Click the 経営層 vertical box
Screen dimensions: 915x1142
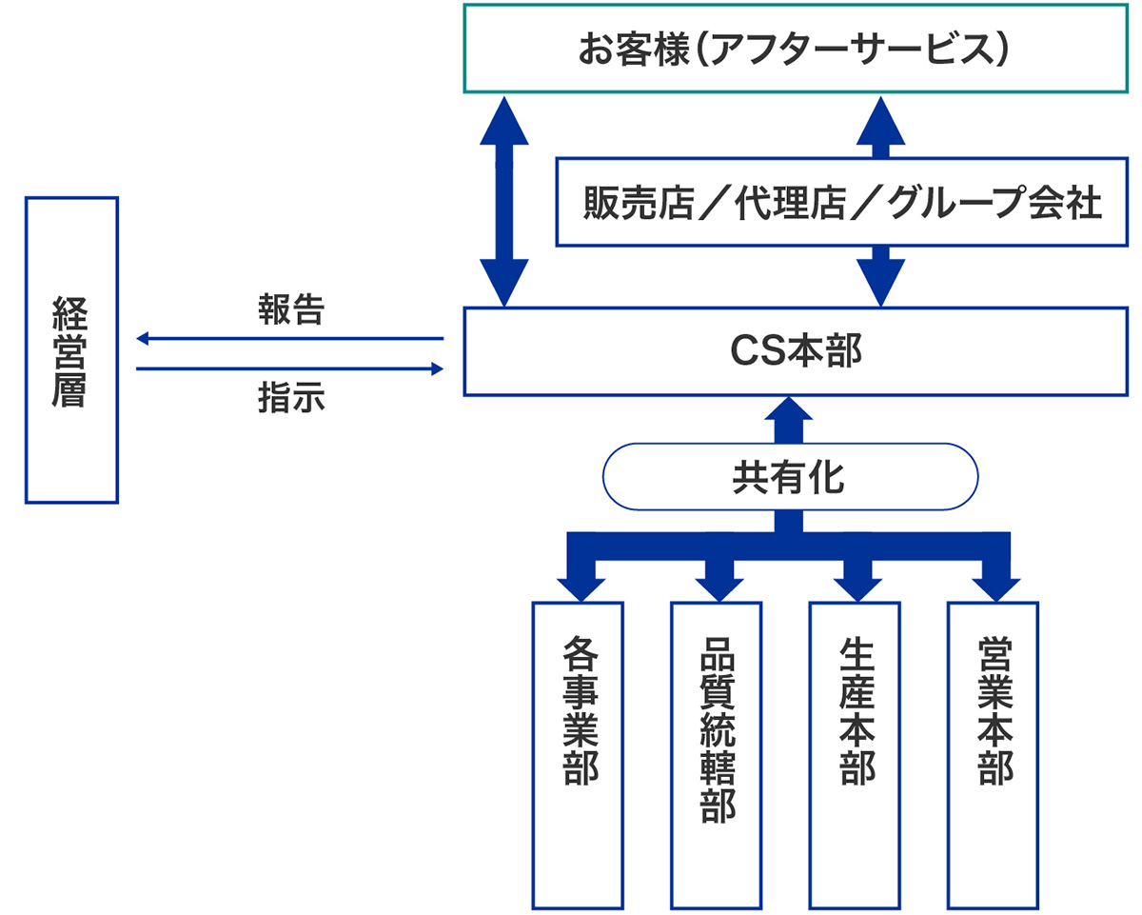(71, 349)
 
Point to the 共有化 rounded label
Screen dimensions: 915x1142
(790, 477)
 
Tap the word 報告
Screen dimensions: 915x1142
(291, 310)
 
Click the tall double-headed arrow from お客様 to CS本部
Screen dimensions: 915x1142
(504, 200)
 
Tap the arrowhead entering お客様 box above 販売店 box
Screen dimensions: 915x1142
(881, 118)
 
